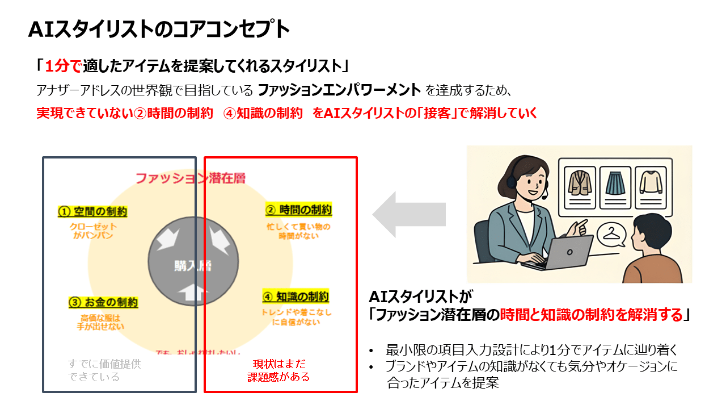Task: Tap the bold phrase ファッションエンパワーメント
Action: pos(339,90)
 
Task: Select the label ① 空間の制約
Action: pos(92,212)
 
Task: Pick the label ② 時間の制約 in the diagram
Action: pos(298,210)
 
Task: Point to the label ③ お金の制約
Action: pos(103,303)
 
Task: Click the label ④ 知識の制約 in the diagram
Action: pos(296,297)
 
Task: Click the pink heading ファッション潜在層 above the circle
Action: pos(190,178)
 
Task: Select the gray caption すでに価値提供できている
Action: pos(104,370)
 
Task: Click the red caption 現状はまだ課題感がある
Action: pos(279,370)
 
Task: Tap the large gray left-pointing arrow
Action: pos(408,214)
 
